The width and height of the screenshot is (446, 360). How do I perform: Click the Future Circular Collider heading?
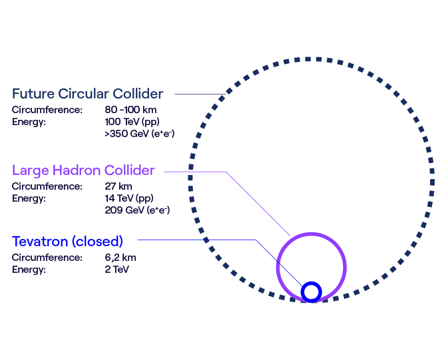87,94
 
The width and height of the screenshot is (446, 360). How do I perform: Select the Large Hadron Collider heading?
83,170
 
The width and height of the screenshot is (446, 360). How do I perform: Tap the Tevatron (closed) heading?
67,241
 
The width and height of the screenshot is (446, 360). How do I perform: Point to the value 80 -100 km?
130,109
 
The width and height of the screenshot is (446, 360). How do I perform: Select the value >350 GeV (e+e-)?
140,134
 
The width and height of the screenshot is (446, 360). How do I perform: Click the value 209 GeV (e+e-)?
138,210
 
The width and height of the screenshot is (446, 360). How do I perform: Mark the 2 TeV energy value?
117,270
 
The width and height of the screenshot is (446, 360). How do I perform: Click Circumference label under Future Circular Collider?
47,109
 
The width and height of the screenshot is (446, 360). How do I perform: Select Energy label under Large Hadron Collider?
29,198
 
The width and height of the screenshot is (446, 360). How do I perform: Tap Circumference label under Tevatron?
47,258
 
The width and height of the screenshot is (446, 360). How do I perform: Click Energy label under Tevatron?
29,270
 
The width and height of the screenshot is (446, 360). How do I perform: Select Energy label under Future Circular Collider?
29,122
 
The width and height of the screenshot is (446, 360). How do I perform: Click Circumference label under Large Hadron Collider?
47,186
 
